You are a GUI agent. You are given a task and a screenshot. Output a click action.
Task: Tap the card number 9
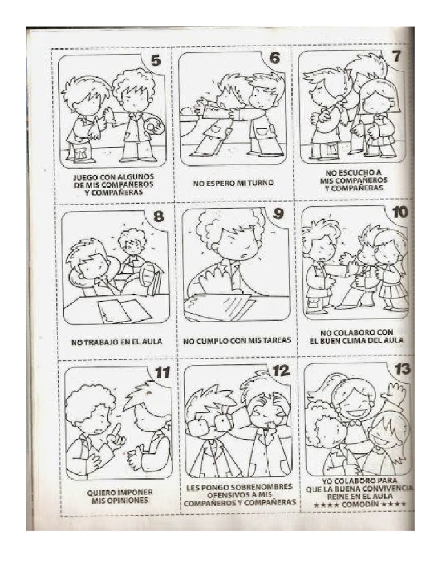pos(278,213)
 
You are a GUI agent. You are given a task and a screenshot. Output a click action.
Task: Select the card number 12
pos(281,371)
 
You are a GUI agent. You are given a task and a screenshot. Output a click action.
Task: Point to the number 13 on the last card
pos(402,369)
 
